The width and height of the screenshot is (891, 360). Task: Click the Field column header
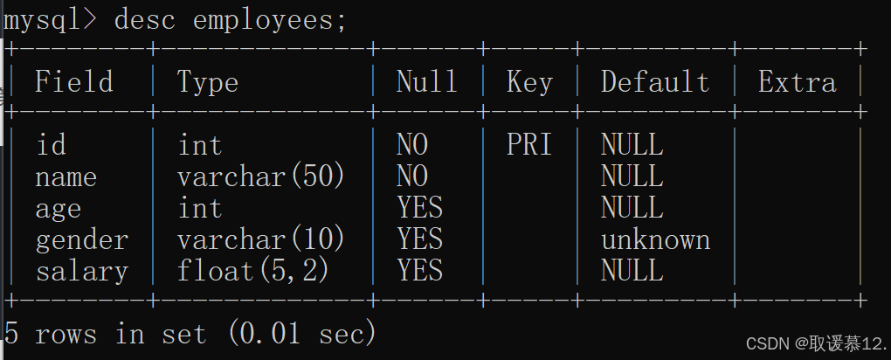click(74, 82)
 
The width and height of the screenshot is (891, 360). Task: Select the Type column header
click(208, 82)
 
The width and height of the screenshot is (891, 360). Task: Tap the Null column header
click(426, 82)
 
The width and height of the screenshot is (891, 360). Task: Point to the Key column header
click(529, 82)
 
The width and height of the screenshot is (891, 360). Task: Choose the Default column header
click(655, 82)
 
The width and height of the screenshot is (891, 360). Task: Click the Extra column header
click(797, 82)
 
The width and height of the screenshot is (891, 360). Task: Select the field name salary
click(82, 271)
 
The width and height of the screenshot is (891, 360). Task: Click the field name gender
click(82, 239)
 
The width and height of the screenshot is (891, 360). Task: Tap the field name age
click(59, 209)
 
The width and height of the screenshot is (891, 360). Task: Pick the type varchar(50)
click(261, 177)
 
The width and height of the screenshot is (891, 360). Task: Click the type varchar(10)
click(261, 239)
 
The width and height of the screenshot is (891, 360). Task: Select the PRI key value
click(529, 145)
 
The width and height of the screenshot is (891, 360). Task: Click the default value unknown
click(655, 239)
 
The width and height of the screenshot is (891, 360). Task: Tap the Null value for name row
click(412, 177)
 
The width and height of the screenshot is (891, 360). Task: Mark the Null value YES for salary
click(419, 271)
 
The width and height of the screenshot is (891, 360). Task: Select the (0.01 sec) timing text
click(301, 333)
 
